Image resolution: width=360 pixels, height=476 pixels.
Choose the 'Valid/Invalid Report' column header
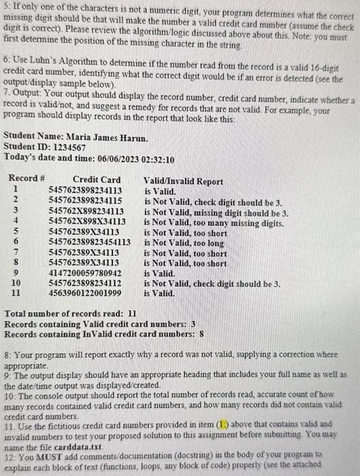click(183, 182)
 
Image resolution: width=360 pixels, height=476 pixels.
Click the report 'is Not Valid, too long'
click(184, 242)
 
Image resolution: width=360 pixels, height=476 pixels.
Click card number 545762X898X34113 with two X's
click(87, 222)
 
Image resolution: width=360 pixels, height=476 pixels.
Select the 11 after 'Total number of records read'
click(133, 314)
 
